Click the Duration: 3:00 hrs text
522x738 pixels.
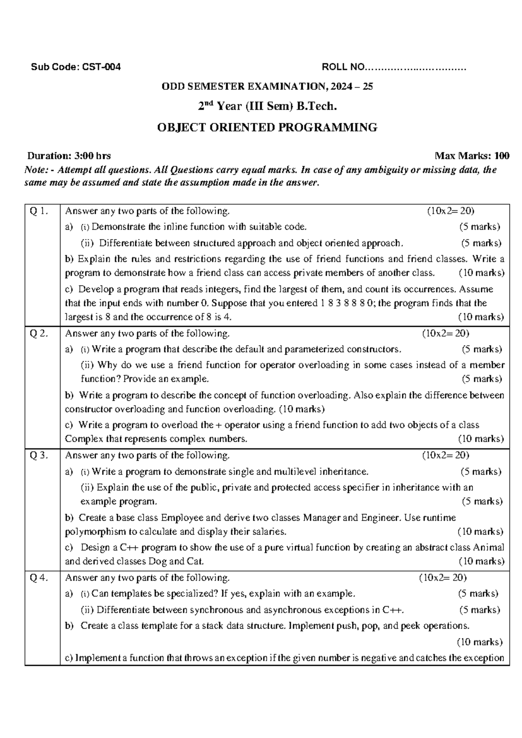[69, 156]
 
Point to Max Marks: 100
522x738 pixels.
[472, 156]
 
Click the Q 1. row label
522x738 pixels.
[37, 211]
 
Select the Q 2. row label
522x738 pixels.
[37, 334]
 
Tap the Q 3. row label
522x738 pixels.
[37, 456]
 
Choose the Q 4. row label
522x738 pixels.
[37, 578]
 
